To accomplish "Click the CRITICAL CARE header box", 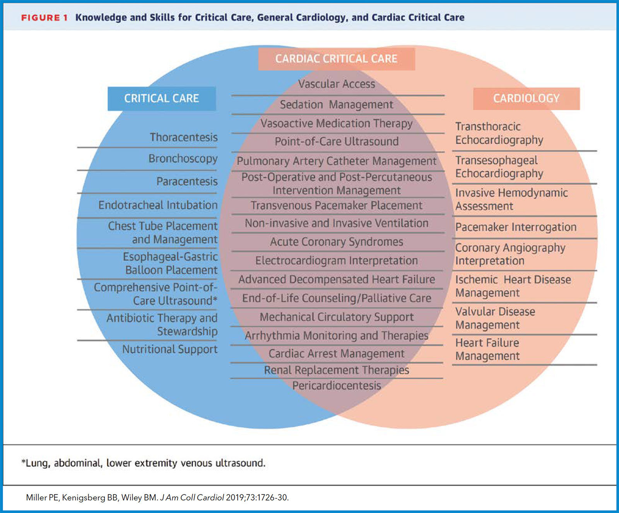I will (x=161, y=99).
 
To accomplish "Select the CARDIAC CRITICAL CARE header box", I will (x=336, y=59).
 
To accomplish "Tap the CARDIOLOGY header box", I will (x=526, y=99).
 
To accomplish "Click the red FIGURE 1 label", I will (x=44, y=18).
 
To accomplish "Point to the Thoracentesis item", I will (x=183, y=137).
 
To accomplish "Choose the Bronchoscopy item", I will (x=183, y=159).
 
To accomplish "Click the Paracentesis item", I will (x=187, y=181).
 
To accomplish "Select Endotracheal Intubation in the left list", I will (x=158, y=205).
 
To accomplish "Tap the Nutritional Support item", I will (x=170, y=349).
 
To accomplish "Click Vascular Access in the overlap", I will (x=336, y=84).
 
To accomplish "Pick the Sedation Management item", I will (x=336, y=104).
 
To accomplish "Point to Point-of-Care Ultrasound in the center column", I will (x=336, y=141).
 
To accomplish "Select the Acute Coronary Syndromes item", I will (x=336, y=242).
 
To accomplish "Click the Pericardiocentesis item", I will (x=336, y=385).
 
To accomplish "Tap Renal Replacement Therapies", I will (x=336, y=370).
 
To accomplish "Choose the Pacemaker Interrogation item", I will (x=516, y=227).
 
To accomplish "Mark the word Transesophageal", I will (x=496, y=160).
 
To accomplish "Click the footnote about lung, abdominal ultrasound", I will (x=144, y=463).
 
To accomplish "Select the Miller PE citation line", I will (x=157, y=498).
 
